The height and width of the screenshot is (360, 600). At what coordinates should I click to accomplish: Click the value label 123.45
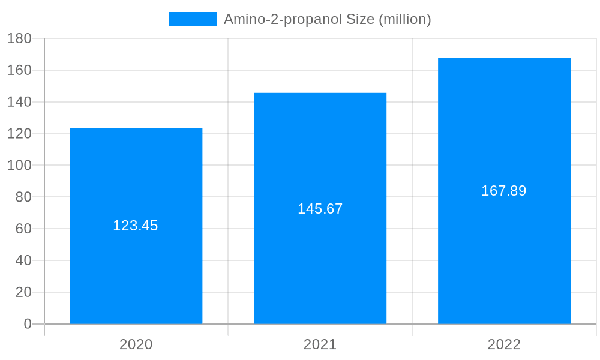(x=136, y=226)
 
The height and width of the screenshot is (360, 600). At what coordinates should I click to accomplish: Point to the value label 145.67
(x=320, y=209)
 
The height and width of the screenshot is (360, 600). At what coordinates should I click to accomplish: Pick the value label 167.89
(x=504, y=191)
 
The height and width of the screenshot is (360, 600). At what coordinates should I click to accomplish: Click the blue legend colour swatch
(x=192, y=19)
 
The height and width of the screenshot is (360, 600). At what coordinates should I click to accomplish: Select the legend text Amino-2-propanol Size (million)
(x=327, y=19)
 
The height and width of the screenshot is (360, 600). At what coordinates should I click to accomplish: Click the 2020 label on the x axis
(x=136, y=344)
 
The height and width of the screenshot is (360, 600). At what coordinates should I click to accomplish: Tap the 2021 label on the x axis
(x=320, y=344)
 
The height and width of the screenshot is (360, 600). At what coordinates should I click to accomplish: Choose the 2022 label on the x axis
(x=504, y=344)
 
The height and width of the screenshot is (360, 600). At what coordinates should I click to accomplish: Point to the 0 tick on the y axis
(x=28, y=324)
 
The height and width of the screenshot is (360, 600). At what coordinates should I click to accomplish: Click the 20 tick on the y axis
(x=23, y=292)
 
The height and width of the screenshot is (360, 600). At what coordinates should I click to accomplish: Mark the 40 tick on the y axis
(x=23, y=260)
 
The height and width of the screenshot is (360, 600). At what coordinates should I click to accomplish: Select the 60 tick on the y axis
(x=23, y=229)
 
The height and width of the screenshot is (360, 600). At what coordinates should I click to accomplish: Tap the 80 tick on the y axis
(x=23, y=197)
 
